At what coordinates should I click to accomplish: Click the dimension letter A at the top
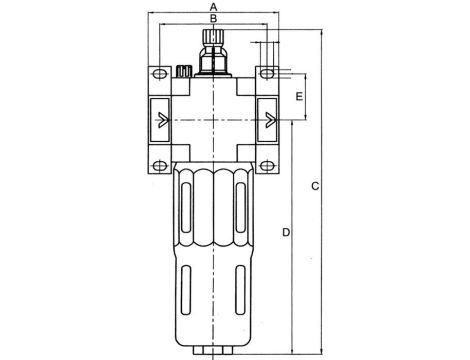214,7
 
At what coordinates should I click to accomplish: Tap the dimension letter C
314,187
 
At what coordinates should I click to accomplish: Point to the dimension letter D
286,232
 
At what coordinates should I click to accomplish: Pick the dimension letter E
299,97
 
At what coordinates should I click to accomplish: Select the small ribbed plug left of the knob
186,72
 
